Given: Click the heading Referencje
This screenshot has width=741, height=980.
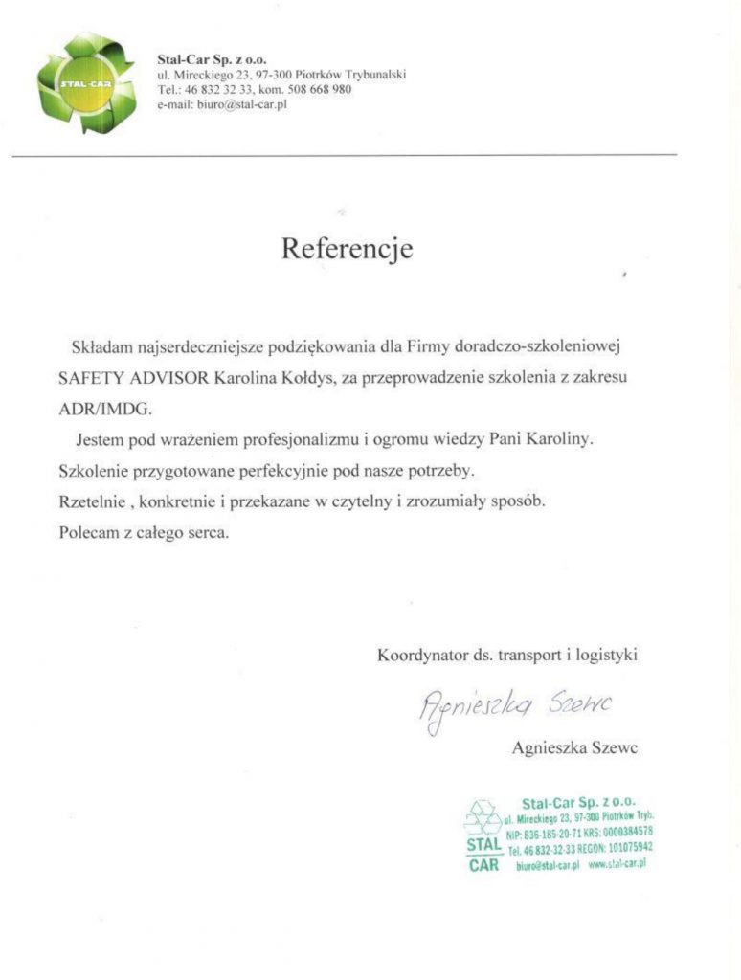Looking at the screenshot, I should point(347,249).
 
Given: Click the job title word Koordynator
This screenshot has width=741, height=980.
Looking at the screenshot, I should point(421,656).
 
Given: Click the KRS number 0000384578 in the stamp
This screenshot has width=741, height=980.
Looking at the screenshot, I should point(627,832).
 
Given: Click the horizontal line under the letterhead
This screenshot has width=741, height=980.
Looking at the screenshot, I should point(345,155).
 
